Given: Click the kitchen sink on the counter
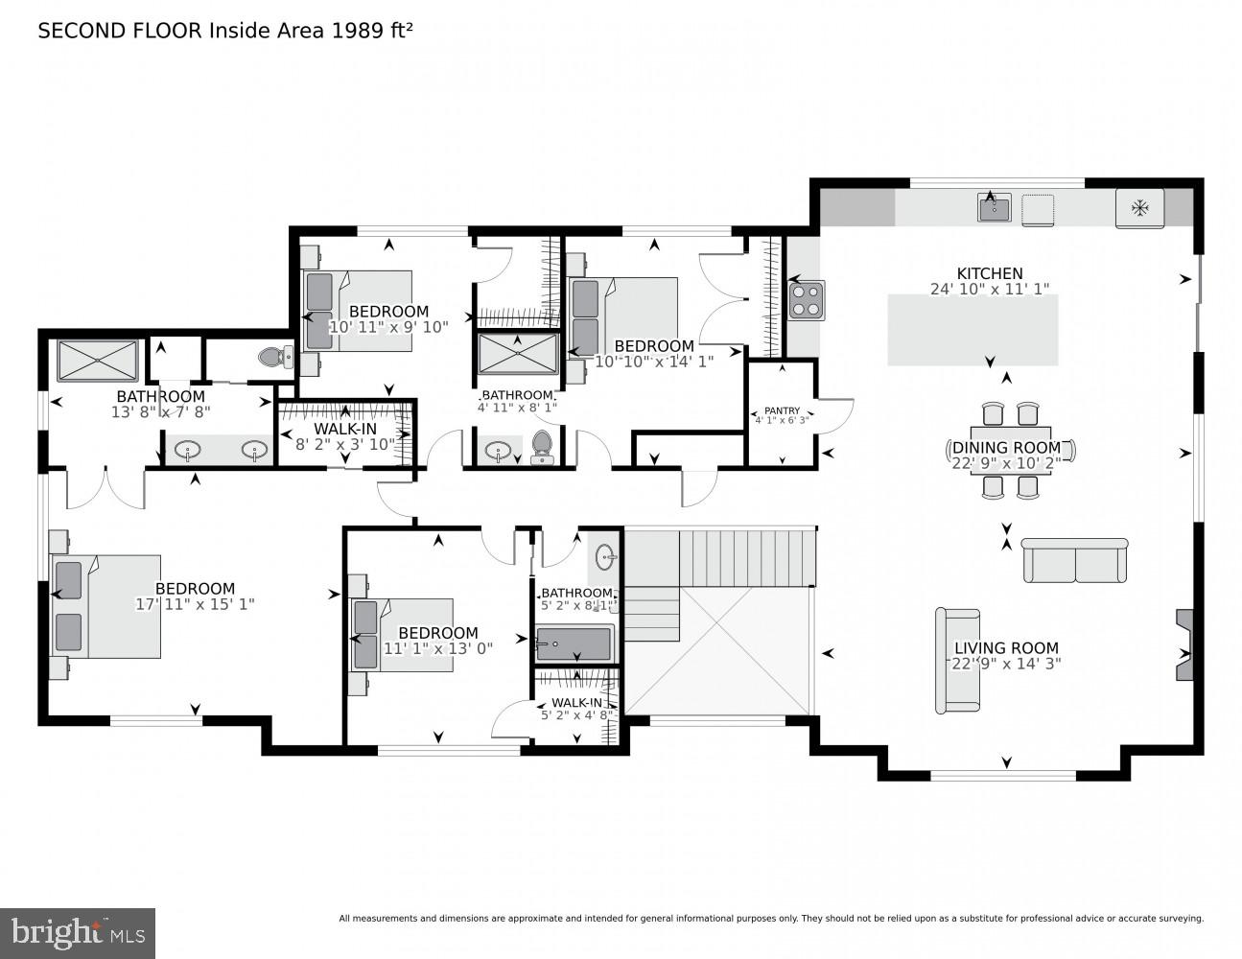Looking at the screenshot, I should pyautogui.click(x=994, y=207).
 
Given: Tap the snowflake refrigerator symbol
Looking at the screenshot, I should pyautogui.click(x=1139, y=208).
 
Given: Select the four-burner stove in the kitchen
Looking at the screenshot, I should pyautogui.click(x=806, y=299).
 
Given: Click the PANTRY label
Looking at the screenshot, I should pyautogui.click(x=782, y=410).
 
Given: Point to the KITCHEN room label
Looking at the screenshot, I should pyautogui.click(x=989, y=273).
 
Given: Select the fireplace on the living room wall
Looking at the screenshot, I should pyautogui.click(x=1184, y=644).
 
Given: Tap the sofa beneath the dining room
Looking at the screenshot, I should pyautogui.click(x=1074, y=561).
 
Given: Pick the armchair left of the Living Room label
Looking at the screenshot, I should pyautogui.click(x=957, y=660).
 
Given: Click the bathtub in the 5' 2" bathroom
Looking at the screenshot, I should pyautogui.click(x=574, y=643).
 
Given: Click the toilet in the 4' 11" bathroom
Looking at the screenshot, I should pyautogui.click(x=542, y=447).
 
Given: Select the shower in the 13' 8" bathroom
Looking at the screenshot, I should pyautogui.click(x=97, y=360).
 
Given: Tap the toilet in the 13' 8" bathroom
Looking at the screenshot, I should pyautogui.click(x=274, y=357).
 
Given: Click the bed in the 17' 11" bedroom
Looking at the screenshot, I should pyautogui.click(x=105, y=606).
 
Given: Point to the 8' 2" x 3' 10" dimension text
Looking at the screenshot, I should pyautogui.click(x=346, y=445).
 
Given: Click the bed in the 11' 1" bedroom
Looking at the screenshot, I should pyautogui.click(x=403, y=635).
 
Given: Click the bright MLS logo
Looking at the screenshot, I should pyautogui.click(x=78, y=932).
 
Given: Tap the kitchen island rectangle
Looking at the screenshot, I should pyautogui.click(x=973, y=330).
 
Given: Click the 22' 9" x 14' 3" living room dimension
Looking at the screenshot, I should pyautogui.click(x=1005, y=664).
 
